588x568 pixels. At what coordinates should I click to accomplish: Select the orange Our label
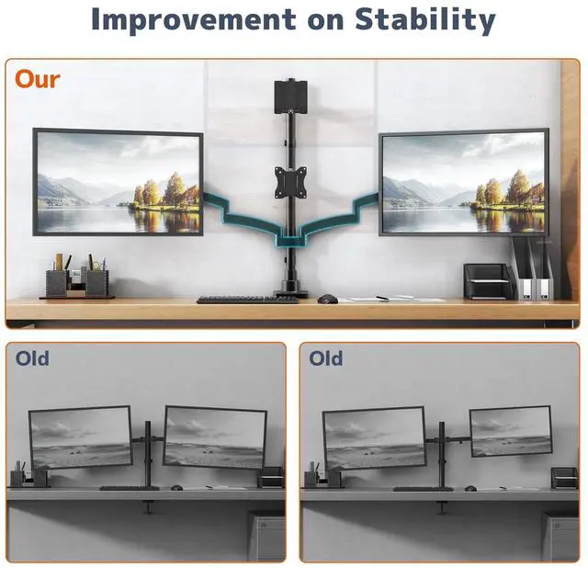(38, 79)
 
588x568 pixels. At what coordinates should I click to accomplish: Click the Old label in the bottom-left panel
(32, 358)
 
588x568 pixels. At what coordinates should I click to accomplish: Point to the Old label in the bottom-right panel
(326, 358)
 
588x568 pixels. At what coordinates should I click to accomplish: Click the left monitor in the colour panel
(118, 182)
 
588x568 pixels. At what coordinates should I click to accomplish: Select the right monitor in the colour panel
(464, 183)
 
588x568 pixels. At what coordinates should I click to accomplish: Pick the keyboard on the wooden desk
(234, 299)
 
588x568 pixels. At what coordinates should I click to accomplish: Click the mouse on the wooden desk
(327, 298)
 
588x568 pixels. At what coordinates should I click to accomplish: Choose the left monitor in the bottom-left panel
(81, 437)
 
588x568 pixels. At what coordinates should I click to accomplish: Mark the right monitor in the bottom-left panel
(215, 437)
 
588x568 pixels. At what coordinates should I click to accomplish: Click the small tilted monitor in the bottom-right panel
(510, 430)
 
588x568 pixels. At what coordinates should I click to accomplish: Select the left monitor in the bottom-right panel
(374, 437)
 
